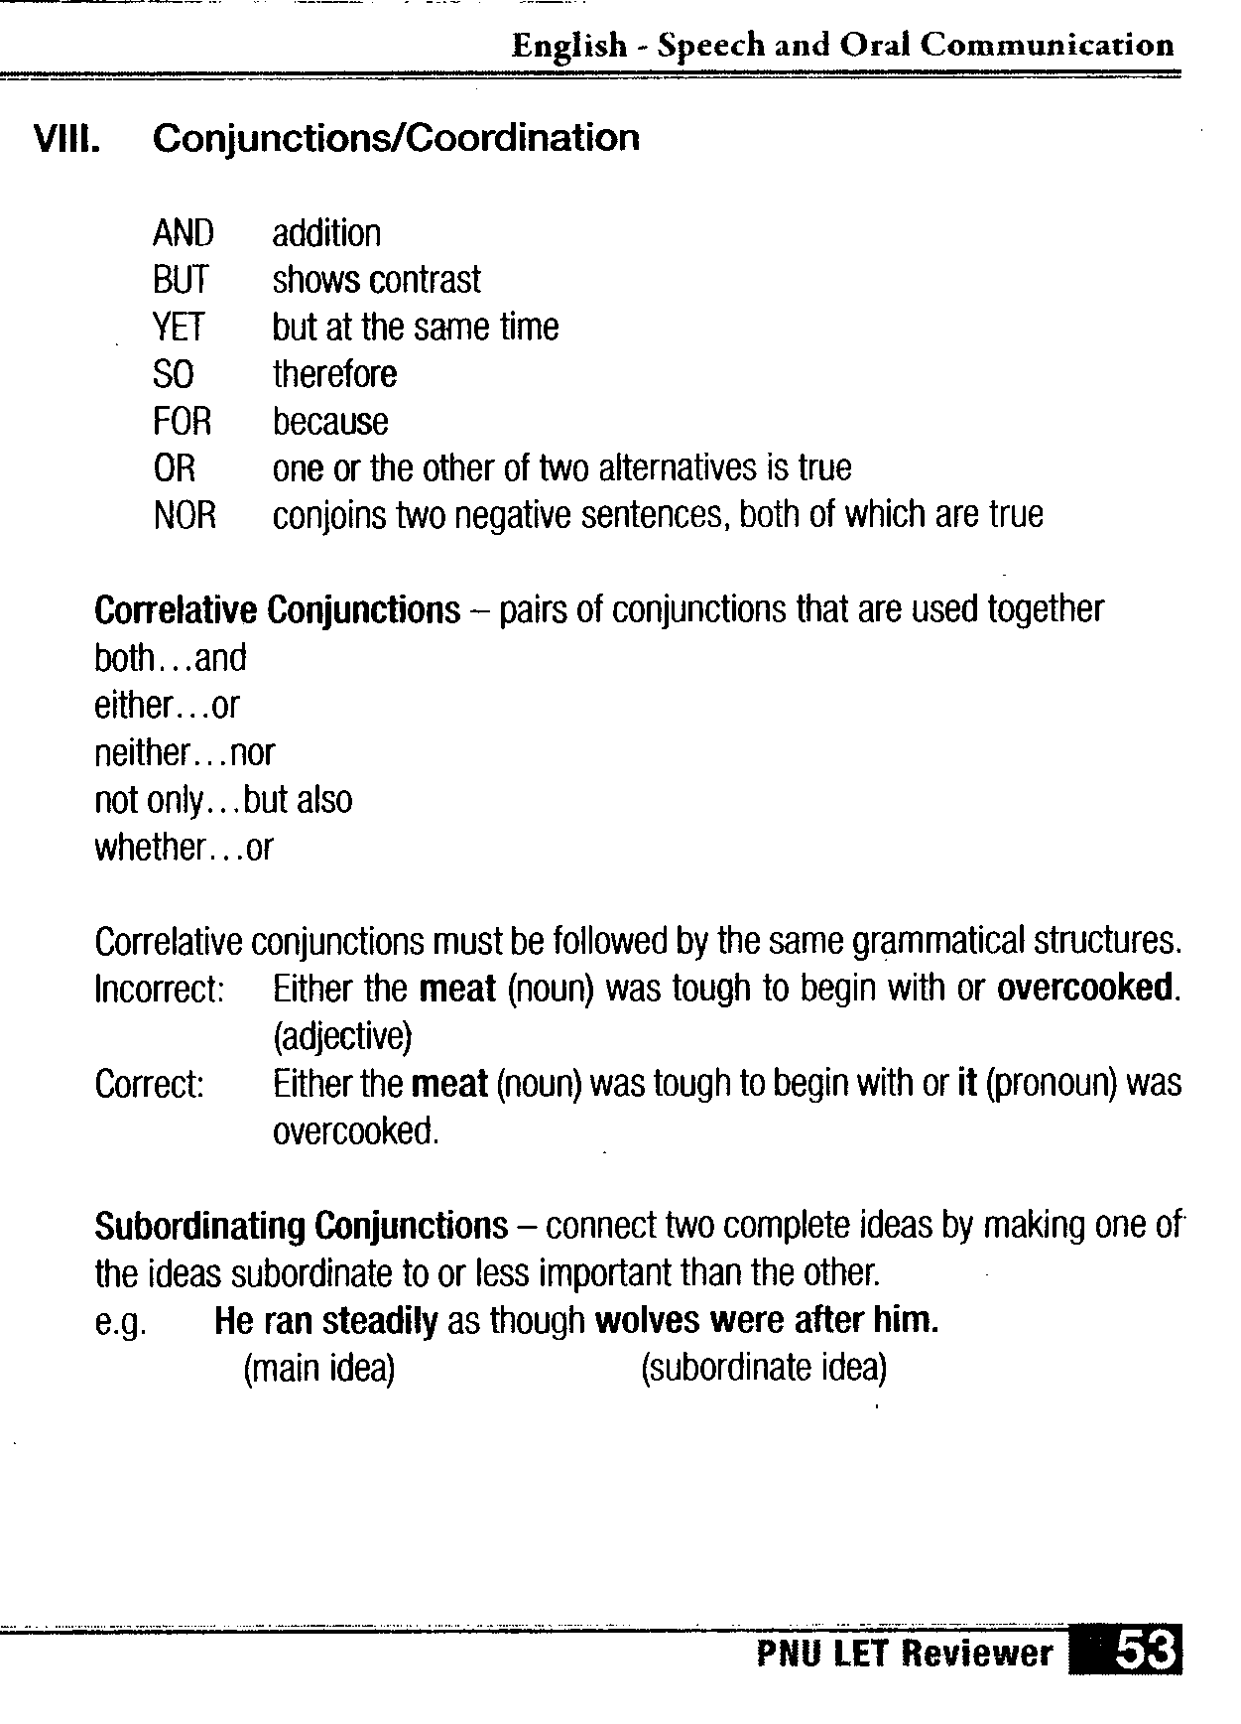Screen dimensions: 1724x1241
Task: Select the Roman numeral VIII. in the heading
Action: pyautogui.click(x=66, y=138)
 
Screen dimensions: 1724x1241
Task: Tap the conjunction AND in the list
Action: pyautogui.click(x=183, y=233)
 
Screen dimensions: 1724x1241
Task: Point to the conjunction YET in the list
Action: pyautogui.click(x=179, y=327)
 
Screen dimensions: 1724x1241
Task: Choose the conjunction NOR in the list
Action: pyautogui.click(x=185, y=515)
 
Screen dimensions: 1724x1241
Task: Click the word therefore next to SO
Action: pyautogui.click(x=334, y=374)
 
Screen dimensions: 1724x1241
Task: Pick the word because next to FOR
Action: pyautogui.click(x=330, y=422)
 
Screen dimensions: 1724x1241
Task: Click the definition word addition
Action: pyautogui.click(x=326, y=233)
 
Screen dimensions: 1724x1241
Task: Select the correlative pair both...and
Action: pyautogui.click(x=170, y=657)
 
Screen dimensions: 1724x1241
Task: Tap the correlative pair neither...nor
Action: pyautogui.click(x=184, y=752)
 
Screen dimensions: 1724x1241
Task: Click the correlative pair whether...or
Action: pyautogui.click(x=183, y=847)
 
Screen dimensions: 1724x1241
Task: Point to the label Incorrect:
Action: pyautogui.click(x=159, y=989)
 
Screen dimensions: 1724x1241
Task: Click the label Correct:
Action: pyautogui.click(x=149, y=1084)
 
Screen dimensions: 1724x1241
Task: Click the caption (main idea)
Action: pyautogui.click(x=318, y=1369)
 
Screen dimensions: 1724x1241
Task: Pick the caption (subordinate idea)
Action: pyautogui.click(x=763, y=1368)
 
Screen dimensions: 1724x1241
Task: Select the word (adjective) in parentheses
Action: pyautogui.click(x=341, y=1036)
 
